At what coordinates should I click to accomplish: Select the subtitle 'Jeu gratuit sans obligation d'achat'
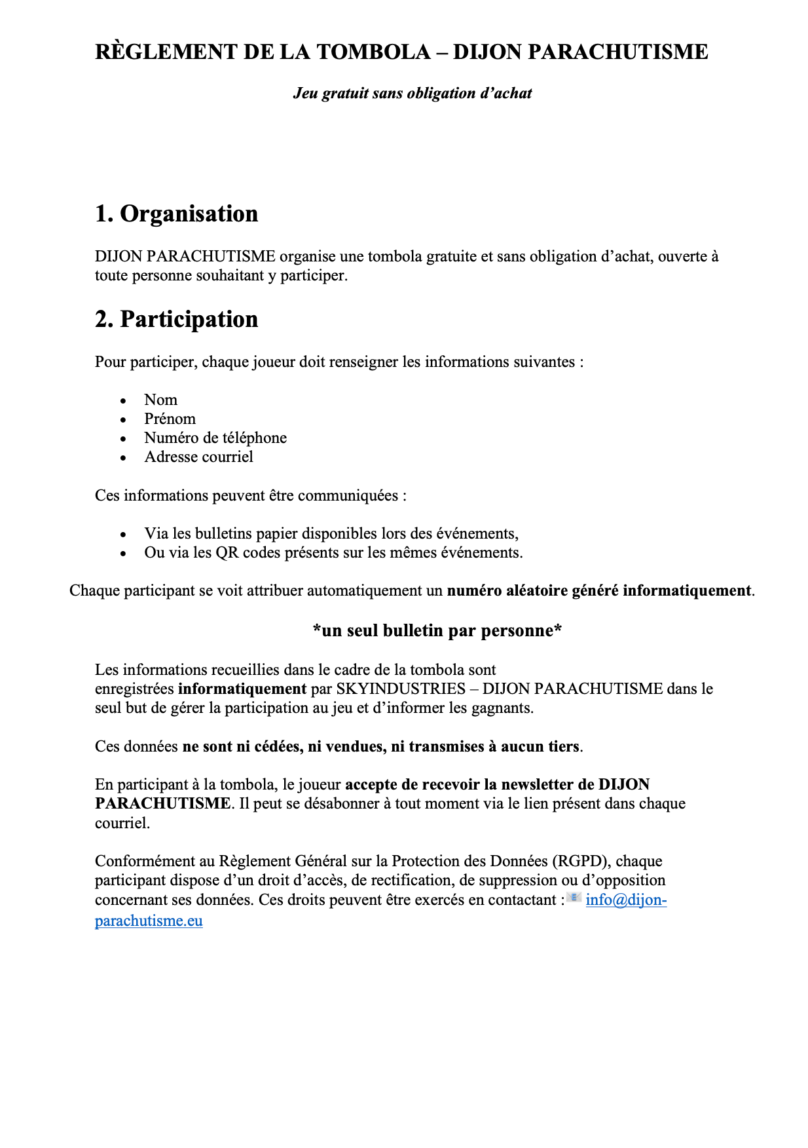(412, 93)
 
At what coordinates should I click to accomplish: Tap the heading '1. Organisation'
(176, 214)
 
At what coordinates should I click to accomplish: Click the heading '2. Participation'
(176, 319)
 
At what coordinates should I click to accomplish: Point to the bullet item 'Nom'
(160, 400)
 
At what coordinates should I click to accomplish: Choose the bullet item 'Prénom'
(170, 419)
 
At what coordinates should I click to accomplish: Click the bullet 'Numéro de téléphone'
(215, 438)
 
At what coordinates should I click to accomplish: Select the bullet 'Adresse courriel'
(198, 457)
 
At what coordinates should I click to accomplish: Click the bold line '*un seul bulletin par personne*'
(437, 630)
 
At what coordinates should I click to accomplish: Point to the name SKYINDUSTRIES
(400, 689)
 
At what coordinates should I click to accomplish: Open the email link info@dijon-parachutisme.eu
(625, 900)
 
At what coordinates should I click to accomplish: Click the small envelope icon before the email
(574, 898)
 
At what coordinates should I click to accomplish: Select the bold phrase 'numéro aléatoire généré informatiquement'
(598, 590)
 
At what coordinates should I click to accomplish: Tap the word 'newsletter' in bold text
(539, 784)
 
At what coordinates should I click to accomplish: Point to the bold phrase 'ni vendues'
(346, 746)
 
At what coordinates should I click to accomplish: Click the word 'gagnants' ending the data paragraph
(505, 708)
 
